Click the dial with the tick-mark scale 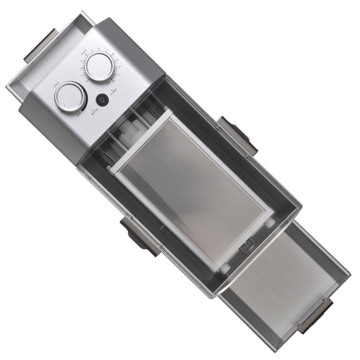pos(98,67)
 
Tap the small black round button pos(102,100)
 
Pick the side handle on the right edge pos(237,134)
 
